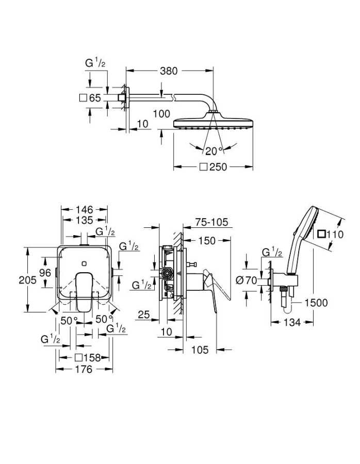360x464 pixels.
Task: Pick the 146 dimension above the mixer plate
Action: [84, 209]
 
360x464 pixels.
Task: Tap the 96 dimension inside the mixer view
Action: [45, 272]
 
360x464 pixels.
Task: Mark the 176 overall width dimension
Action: [84, 369]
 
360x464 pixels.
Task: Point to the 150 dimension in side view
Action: [207, 241]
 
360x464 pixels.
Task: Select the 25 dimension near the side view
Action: [145, 314]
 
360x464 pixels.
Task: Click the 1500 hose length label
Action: [316, 303]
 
